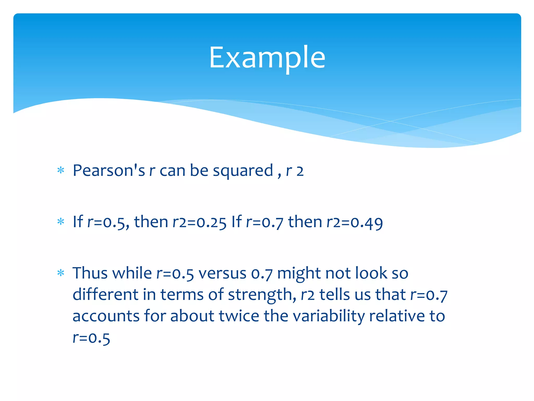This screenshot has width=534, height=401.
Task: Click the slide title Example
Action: coord(267,57)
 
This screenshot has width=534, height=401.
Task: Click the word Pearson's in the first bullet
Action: coord(108,170)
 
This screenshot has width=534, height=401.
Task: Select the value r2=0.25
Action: coord(199,222)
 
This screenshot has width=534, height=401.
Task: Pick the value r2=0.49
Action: coord(355,222)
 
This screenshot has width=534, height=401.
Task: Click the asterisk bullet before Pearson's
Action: coord(61,170)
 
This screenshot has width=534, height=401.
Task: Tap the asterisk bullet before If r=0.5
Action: coord(61,222)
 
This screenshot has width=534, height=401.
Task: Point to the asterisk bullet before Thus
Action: coord(61,273)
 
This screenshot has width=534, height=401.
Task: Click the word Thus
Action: coord(90,273)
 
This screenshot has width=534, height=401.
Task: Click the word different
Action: coord(105,294)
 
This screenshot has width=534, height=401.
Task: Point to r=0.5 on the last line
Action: coord(91,338)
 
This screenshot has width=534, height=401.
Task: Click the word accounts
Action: coord(106,316)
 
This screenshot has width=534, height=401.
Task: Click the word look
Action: coord(371,273)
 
